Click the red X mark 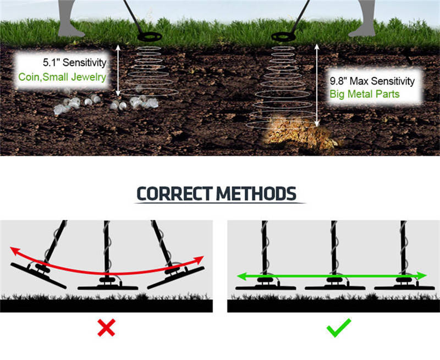point(106,327)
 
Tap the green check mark point(339,328)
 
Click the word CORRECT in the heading point(174,193)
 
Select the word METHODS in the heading point(256,193)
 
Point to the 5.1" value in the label point(51,63)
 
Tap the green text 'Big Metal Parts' point(365,94)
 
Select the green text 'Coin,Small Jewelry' point(62,77)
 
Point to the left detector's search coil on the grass point(150,37)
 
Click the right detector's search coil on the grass point(283,37)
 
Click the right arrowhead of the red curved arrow point(200,259)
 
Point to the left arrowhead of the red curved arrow point(15,251)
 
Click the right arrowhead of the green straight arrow point(422,276)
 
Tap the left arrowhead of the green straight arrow point(242,276)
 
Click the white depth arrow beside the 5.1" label point(118,70)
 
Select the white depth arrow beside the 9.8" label point(317,85)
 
